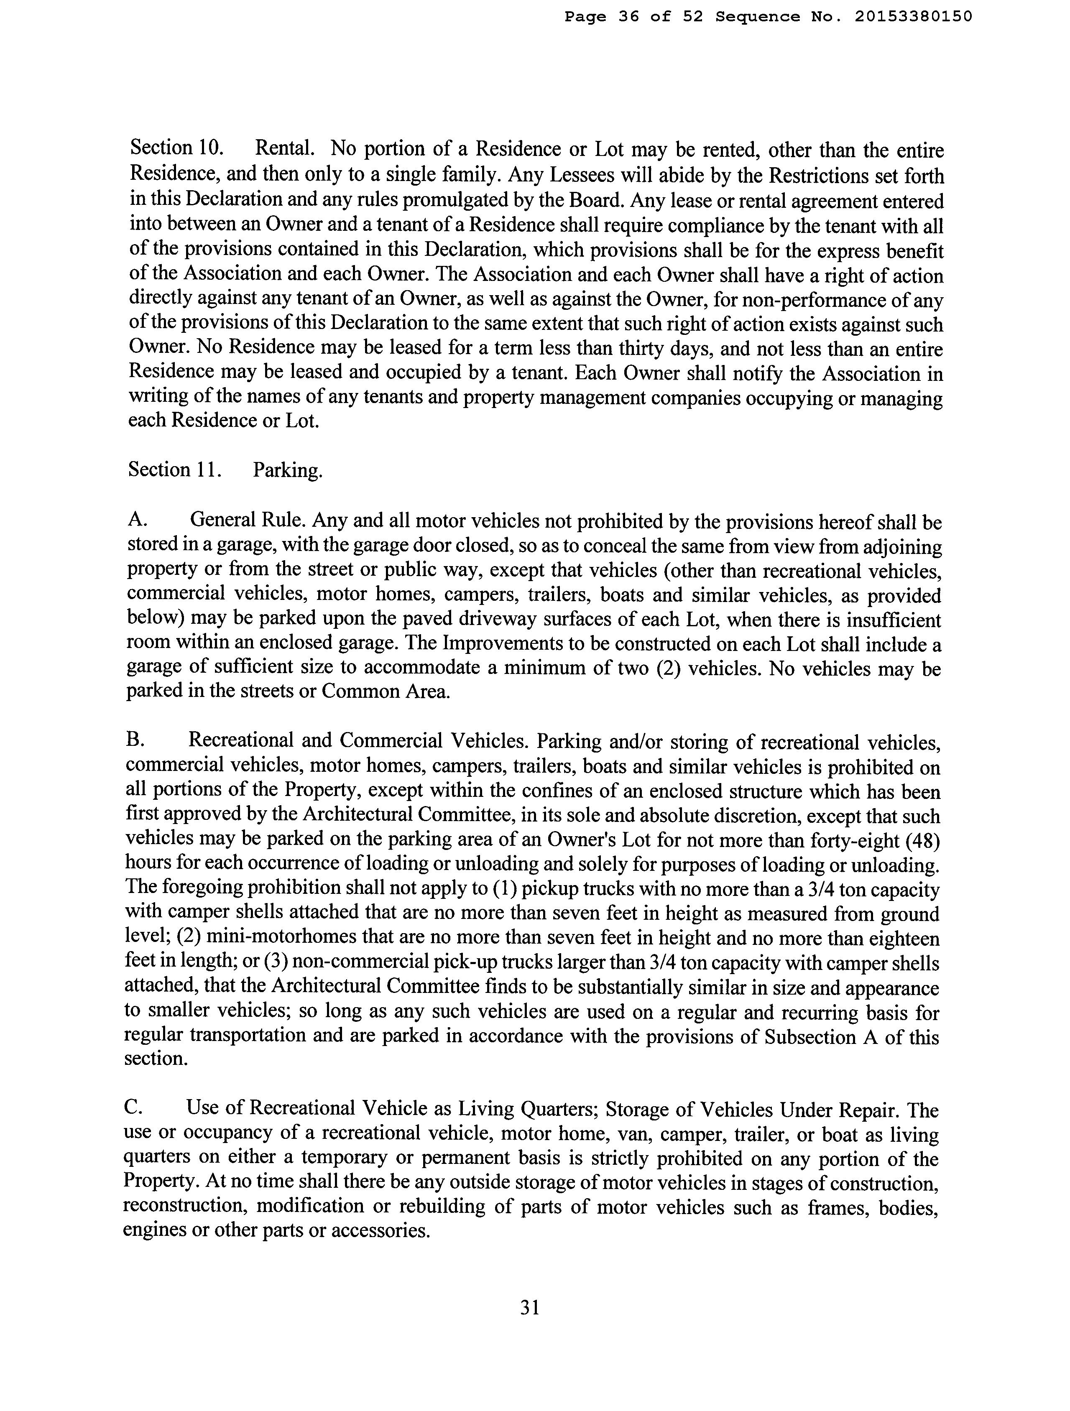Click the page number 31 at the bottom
[530, 1308]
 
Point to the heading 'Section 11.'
[175, 469]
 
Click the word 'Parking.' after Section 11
[288, 471]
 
